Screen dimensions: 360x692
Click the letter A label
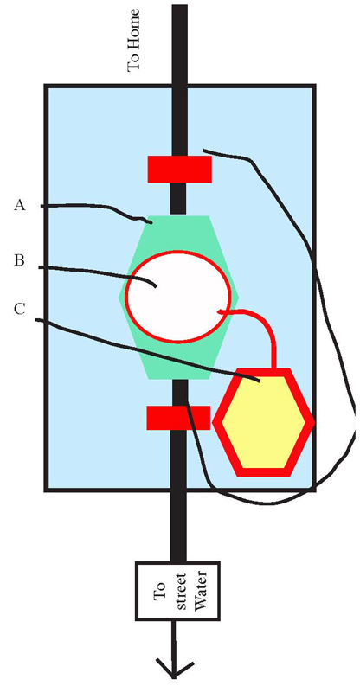(19, 205)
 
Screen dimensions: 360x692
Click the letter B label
(18, 261)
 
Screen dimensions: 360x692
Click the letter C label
(19, 311)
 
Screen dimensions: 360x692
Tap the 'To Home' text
(133, 39)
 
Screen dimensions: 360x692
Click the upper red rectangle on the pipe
(179, 169)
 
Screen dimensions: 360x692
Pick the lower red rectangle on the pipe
(178, 418)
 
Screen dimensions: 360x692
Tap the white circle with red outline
(178, 296)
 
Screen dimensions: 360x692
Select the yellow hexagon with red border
(264, 422)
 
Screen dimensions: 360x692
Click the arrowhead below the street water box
(175, 669)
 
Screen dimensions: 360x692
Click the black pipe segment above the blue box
(179, 44)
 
